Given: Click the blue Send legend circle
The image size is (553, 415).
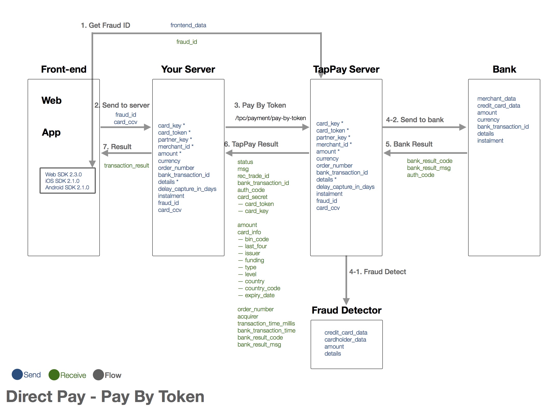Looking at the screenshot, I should click(x=17, y=375).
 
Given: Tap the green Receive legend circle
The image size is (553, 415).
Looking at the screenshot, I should click(x=54, y=375).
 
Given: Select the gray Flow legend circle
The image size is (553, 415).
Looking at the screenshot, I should click(x=98, y=375).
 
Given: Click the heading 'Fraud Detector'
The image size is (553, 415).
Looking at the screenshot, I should click(x=346, y=310).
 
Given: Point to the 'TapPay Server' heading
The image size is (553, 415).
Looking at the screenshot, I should click(x=346, y=69).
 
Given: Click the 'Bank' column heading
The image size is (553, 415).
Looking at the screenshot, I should click(x=504, y=69).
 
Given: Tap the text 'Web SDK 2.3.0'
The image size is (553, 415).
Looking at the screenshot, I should click(x=64, y=175).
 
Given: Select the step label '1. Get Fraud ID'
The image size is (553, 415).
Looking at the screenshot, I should click(x=106, y=25).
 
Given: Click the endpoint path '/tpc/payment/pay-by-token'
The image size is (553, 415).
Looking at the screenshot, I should click(x=270, y=118).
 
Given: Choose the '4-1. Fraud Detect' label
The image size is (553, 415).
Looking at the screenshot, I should click(x=377, y=272).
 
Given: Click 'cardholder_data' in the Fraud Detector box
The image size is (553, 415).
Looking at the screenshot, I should click(x=345, y=340).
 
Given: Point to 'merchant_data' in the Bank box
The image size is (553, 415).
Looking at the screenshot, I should click(x=496, y=99).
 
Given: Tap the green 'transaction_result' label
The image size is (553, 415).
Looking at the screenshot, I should click(x=127, y=165).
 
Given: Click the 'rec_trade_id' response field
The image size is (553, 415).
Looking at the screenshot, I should click(x=253, y=176).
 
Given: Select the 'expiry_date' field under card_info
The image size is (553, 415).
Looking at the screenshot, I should click(x=260, y=295).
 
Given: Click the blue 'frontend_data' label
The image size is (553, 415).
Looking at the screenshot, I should click(x=188, y=25).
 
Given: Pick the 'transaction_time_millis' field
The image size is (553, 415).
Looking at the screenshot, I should click(x=266, y=323).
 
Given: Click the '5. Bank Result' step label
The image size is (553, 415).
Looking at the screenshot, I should click(x=409, y=144).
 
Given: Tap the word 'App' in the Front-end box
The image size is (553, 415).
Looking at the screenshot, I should click(x=51, y=132).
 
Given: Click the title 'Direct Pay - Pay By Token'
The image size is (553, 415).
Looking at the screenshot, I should click(x=105, y=397).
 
